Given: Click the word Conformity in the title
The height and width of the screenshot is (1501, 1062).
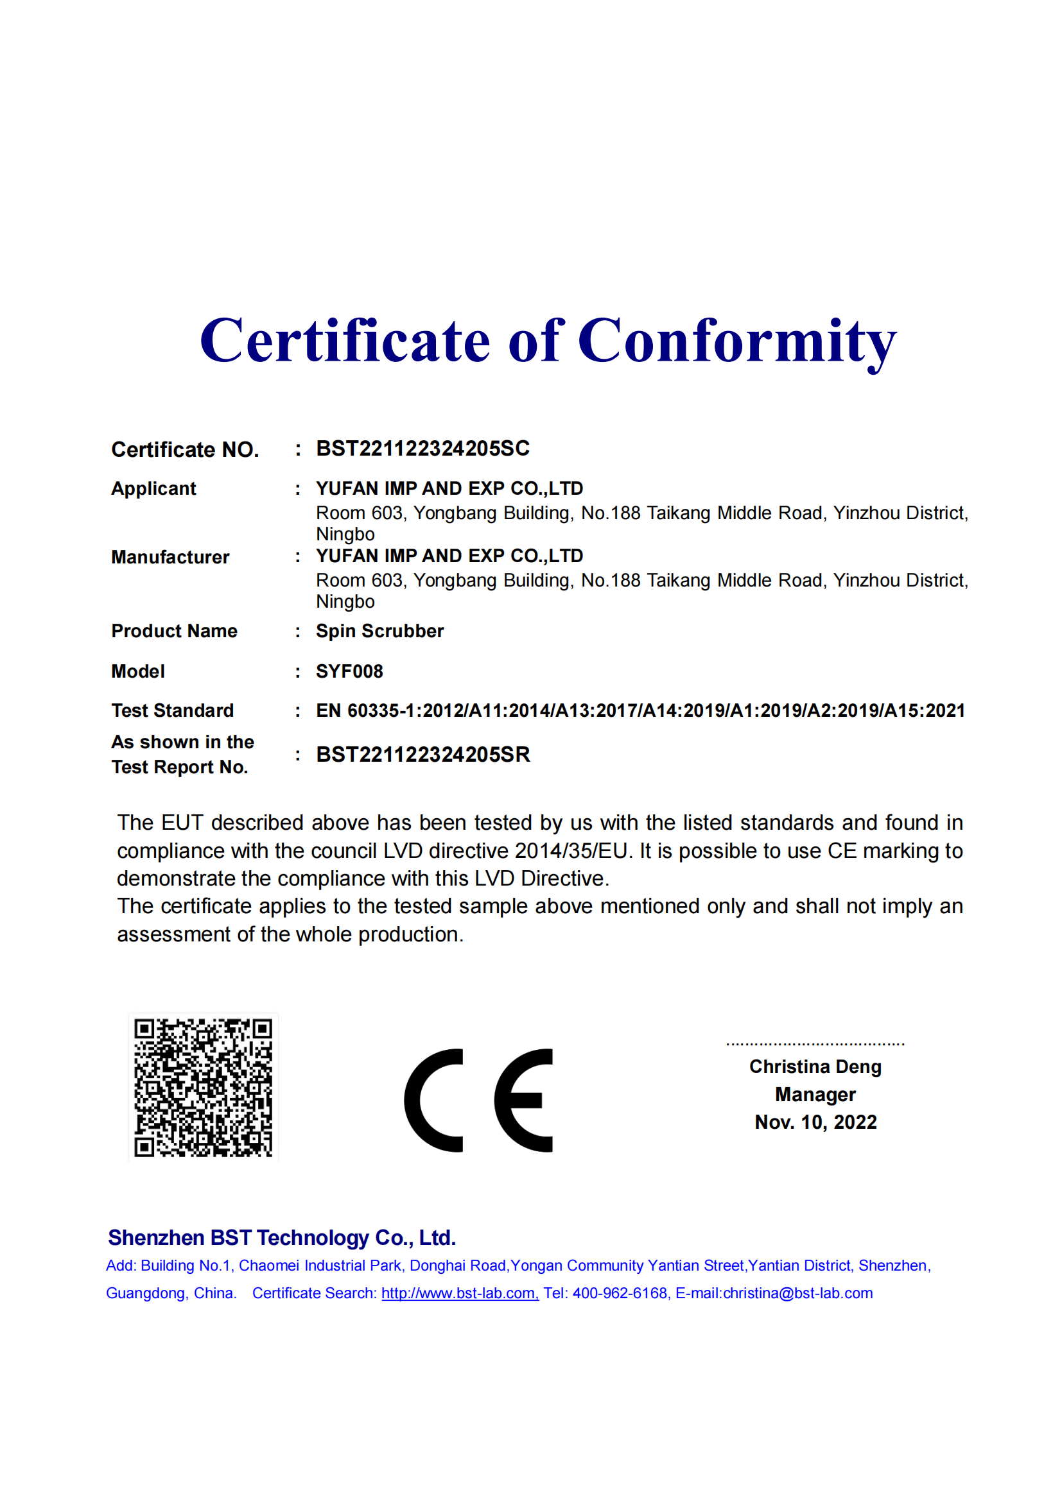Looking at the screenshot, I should [737, 341].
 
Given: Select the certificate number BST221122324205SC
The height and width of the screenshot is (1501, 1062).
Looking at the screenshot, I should [422, 449].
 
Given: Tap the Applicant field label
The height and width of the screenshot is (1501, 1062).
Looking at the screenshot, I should [153, 488].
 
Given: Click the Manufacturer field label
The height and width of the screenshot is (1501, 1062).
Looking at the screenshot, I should [170, 557].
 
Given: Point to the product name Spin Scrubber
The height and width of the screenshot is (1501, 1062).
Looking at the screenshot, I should [379, 631].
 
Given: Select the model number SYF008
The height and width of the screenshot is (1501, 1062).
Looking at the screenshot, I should [349, 671].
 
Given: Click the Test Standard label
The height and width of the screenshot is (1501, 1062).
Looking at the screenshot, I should [172, 710].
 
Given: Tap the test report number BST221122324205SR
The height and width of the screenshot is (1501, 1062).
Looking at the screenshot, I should [422, 755].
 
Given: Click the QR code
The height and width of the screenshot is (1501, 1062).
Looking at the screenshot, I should [203, 1088].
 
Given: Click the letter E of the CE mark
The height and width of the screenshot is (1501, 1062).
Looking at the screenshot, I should [523, 1101].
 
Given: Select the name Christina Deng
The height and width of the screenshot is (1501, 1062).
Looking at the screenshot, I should [815, 1067].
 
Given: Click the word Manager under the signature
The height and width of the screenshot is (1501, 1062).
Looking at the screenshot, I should [815, 1094].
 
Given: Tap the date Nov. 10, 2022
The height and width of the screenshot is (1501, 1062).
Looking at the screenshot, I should [815, 1122].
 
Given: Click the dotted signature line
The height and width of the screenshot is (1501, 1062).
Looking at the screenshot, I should [815, 1044].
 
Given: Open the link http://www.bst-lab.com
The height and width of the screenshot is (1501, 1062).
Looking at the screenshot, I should [460, 1293].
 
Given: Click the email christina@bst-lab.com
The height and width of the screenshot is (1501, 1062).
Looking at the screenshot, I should [798, 1293].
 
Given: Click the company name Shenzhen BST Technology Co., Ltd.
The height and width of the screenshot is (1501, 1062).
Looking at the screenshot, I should [282, 1237].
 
